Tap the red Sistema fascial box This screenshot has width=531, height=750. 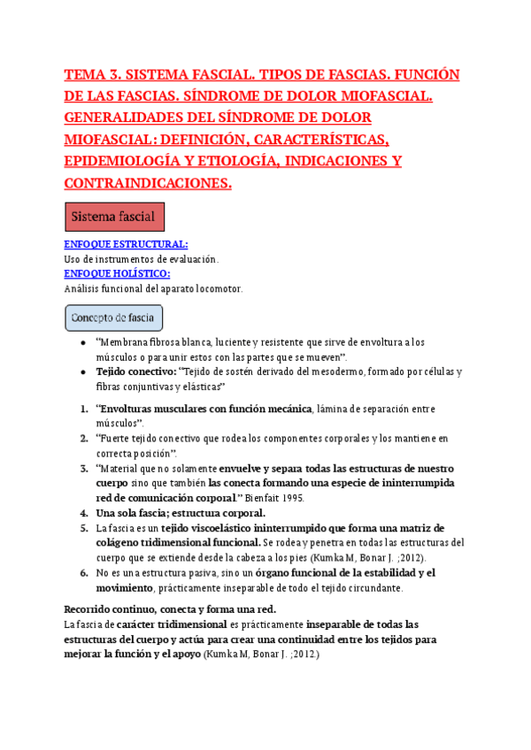click(114, 217)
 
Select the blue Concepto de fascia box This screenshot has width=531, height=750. click(114, 317)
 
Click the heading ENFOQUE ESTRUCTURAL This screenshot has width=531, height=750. click(126, 244)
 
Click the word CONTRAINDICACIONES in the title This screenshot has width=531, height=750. click(148, 183)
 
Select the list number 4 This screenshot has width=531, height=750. click(83, 513)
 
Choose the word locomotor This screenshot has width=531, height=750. click(213, 288)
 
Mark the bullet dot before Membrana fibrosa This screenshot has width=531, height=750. click(82, 342)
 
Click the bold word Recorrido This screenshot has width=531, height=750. click(92, 608)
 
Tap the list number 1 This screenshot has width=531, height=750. click(83, 409)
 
